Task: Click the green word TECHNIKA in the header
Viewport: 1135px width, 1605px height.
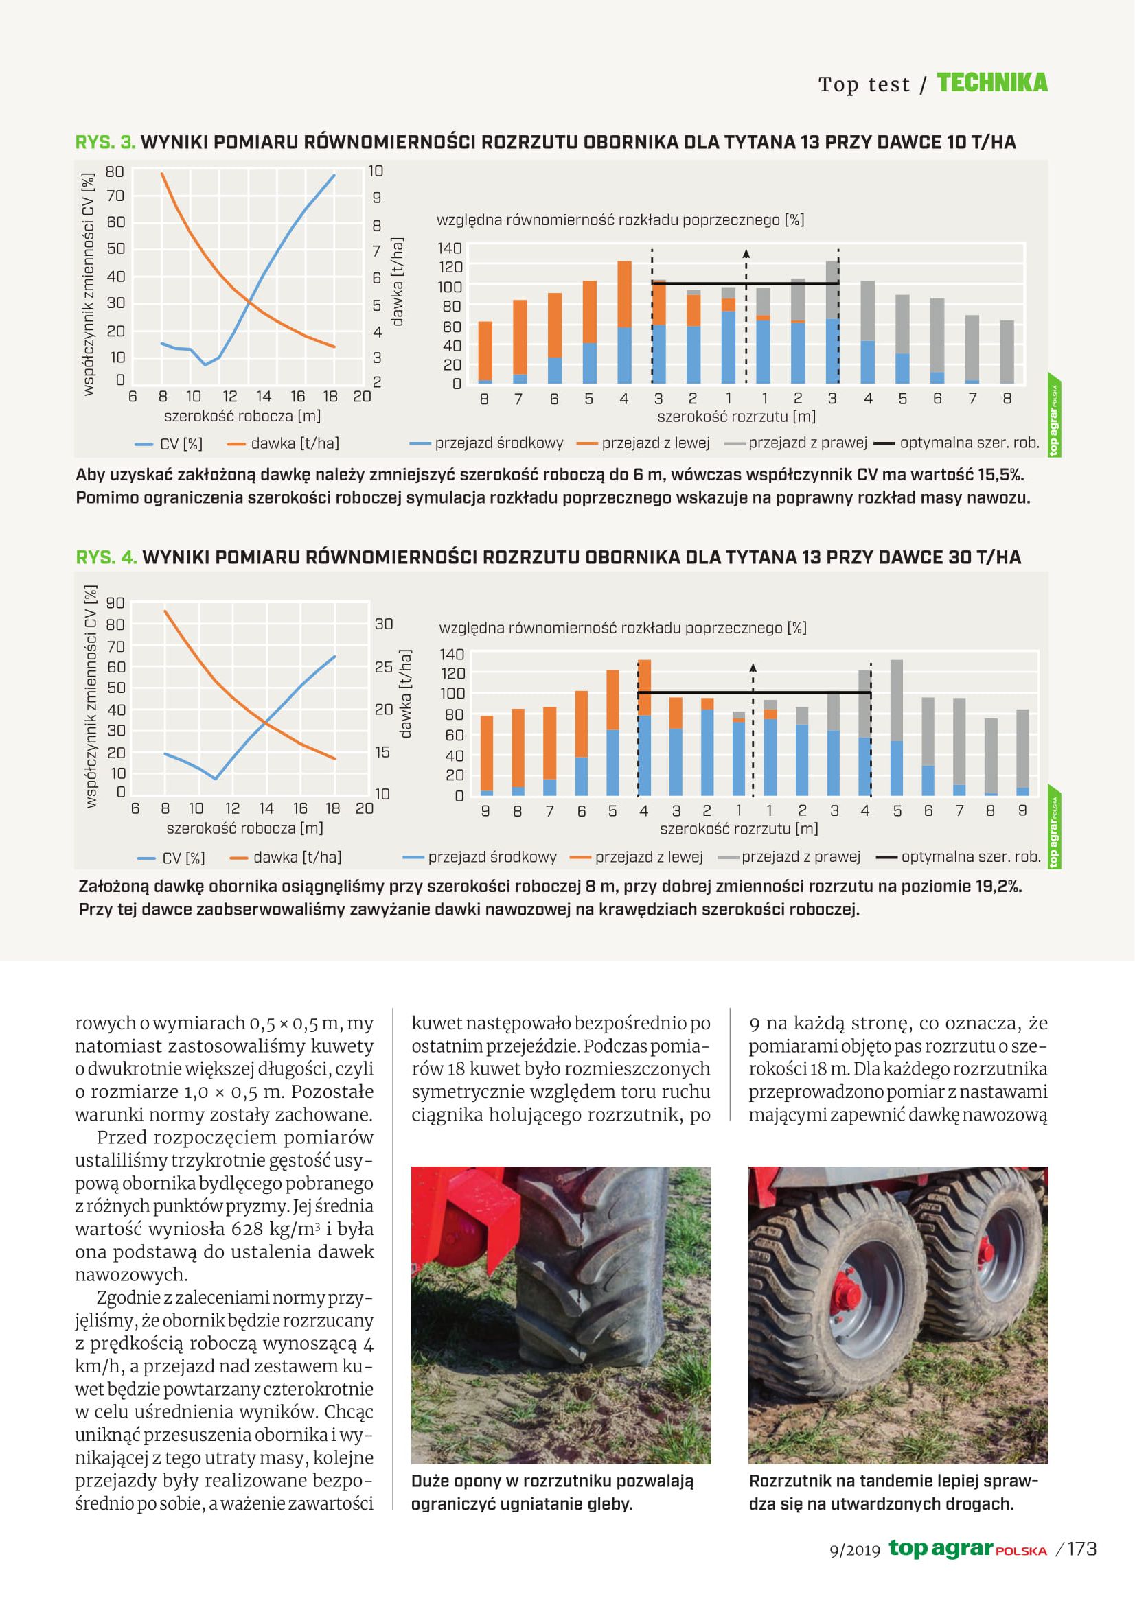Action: click(991, 83)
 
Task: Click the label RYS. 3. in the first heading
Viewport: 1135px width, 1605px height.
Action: click(105, 143)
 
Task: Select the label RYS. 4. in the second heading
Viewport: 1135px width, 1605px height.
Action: click(106, 557)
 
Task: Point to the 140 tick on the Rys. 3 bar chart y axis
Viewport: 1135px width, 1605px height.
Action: click(450, 248)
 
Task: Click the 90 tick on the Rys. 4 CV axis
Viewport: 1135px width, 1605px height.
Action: click(115, 603)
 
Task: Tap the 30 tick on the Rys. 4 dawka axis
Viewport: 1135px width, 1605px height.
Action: click(384, 624)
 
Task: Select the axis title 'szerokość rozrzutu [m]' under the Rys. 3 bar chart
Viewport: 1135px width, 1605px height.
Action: click(735, 417)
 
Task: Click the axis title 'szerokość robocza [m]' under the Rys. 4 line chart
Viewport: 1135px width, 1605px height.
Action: click(244, 828)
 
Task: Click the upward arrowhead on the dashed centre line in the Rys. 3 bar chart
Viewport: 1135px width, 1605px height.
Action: click(746, 253)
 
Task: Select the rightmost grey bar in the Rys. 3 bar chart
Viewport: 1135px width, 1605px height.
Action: click(1007, 352)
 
